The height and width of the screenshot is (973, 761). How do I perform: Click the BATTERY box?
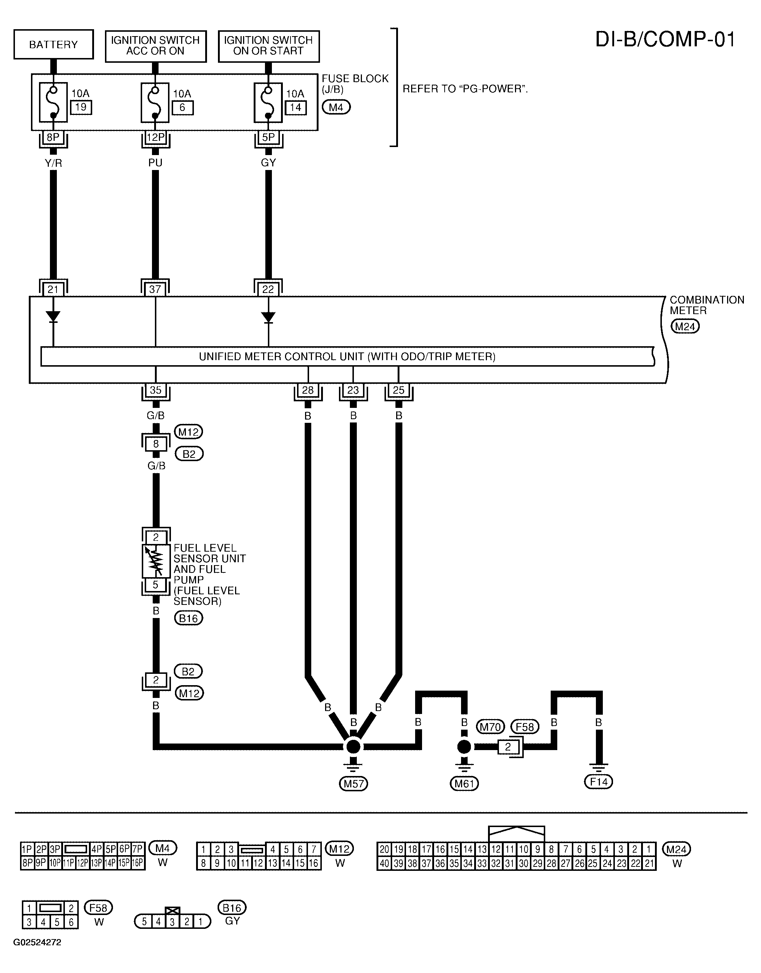click(x=54, y=44)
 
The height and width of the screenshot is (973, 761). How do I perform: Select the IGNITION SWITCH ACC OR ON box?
click(x=156, y=46)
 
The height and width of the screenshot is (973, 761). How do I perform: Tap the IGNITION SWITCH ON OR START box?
click(x=269, y=46)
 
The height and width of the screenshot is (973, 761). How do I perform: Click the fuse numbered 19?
click(x=54, y=102)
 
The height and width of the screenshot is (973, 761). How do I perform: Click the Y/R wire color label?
click(x=54, y=163)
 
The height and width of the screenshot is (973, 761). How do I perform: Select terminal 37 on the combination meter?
click(x=155, y=289)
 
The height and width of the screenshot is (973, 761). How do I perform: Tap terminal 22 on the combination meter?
click(x=268, y=289)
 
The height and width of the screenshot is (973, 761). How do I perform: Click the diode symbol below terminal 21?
click(x=54, y=317)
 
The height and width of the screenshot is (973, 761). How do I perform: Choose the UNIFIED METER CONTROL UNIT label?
click(x=347, y=357)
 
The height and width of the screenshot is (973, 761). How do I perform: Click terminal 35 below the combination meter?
click(x=156, y=390)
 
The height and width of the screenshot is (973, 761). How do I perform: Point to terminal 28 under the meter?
click(x=308, y=390)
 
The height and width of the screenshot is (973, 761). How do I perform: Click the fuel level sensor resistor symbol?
click(x=156, y=561)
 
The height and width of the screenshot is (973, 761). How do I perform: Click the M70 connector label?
click(x=490, y=727)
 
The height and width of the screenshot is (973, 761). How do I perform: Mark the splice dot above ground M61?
click(x=464, y=747)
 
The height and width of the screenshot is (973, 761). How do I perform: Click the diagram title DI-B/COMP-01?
click(x=665, y=39)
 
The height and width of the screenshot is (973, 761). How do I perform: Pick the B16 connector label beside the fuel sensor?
click(x=188, y=618)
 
